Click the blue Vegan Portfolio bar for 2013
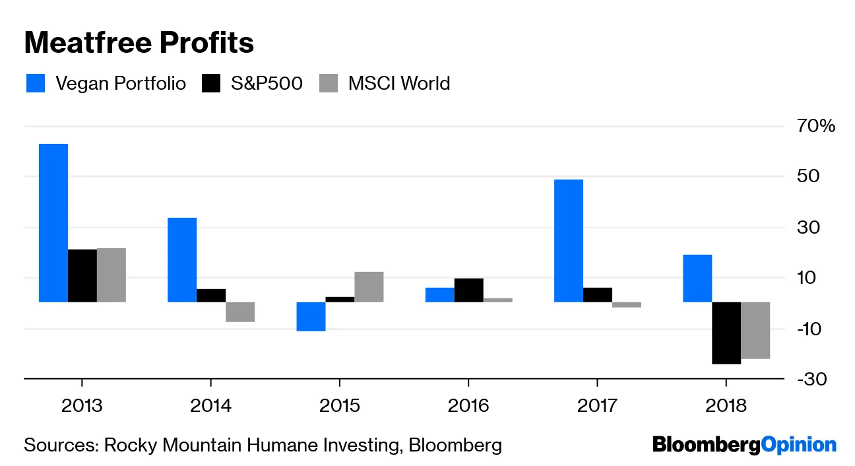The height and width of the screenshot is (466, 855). (53, 223)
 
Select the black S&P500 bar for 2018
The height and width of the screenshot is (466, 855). (726, 333)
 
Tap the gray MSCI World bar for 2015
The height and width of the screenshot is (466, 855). (369, 287)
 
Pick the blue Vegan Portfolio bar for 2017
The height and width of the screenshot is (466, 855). (568, 241)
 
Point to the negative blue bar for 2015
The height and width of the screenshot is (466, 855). (311, 316)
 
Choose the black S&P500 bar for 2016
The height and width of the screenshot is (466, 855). (468, 290)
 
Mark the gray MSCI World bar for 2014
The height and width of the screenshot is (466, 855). (240, 312)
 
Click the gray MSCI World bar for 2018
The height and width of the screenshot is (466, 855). (755, 330)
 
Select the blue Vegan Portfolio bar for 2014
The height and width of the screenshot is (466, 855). (182, 260)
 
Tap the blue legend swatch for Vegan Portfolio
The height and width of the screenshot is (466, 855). (36, 84)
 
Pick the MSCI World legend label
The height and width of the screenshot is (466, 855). (398, 84)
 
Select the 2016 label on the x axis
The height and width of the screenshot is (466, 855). (468, 405)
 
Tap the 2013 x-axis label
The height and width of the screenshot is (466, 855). (82, 405)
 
